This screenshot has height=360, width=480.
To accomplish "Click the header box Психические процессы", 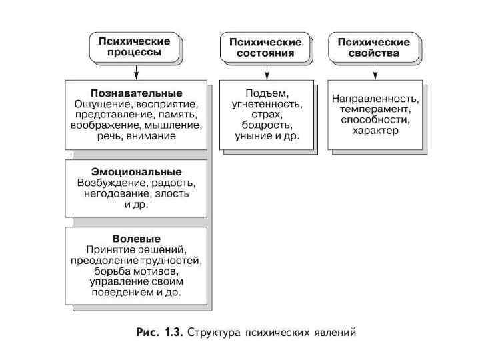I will tap(134, 47).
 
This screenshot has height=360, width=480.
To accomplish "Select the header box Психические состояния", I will tap(265, 47).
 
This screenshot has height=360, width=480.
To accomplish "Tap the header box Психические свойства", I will tap(373, 47).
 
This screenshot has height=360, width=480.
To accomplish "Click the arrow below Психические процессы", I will tap(135, 70).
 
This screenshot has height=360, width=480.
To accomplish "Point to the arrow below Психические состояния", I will tap(265, 70).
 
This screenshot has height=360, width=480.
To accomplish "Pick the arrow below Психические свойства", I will tap(374, 70).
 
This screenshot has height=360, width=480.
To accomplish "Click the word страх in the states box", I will tap(265, 115).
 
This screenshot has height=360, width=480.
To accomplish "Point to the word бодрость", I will tap(265, 125).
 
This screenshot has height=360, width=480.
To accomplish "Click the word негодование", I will tap(116, 193).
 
